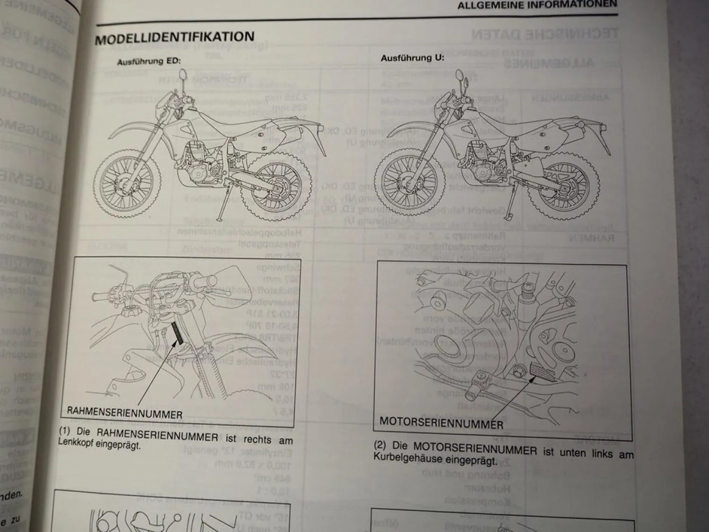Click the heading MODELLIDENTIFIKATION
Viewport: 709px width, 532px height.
pos(174,38)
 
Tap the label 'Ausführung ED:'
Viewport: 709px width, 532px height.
pos(149,61)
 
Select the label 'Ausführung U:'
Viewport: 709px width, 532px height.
pos(413,58)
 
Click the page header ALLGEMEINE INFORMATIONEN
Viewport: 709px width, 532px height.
pos(537,5)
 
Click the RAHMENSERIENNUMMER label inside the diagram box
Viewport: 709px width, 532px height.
pos(124,415)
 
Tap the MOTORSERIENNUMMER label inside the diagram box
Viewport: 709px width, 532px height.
pos(441,423)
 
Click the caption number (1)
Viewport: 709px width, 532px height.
pos(64,431)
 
